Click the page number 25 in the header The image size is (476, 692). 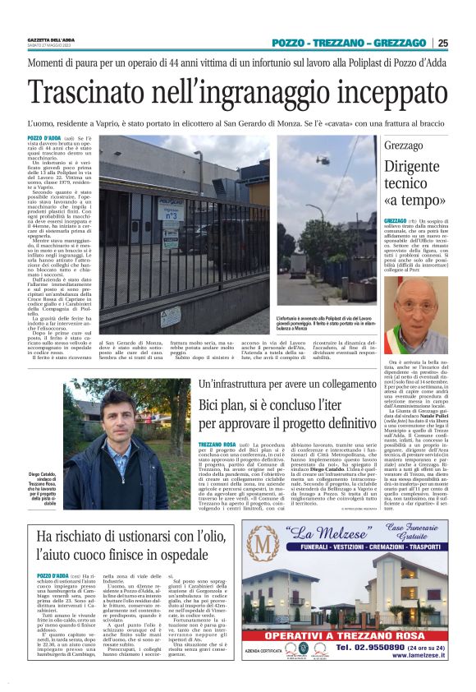click(x=465, y=43)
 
